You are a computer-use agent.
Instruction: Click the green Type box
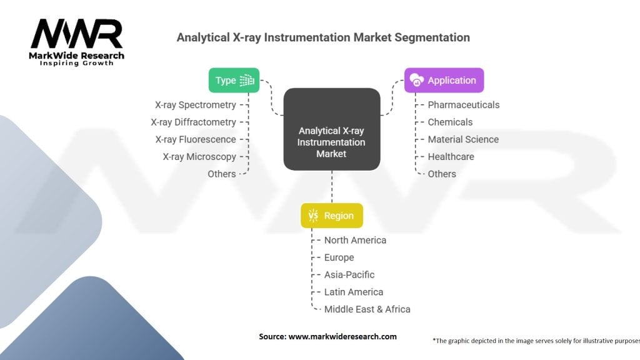tap(234, 81)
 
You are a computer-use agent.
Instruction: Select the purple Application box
tap(444, 81)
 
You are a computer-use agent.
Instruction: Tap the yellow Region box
tap(332, 216)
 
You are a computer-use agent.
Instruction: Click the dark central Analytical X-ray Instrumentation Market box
tap(332, 129)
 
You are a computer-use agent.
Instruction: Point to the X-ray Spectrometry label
tap(196, 105)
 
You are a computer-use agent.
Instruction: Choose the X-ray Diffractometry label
tap(194, 122)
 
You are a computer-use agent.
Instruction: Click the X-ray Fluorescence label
tap(196, 139)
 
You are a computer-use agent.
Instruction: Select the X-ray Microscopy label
tap(199, 157)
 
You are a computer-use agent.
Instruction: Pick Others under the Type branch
tap(222, 174)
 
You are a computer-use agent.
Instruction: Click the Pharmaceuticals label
tap(464, 105)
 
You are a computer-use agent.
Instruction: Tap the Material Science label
tap(463, 139)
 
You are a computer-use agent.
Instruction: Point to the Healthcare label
tap(451, 157)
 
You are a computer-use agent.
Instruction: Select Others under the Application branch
tap(442, 174)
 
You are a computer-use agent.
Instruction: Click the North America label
tap(355, 240)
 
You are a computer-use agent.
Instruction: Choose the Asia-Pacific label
tap(349, 275)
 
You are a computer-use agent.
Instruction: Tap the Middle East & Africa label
tap(367, 309)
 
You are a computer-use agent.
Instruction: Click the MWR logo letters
tap(77, 34)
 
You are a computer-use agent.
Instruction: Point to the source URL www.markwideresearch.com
tap(342, 336)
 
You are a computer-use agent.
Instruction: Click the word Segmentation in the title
tap(432, 37)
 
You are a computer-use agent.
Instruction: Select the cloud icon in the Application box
tap(417, 80)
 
